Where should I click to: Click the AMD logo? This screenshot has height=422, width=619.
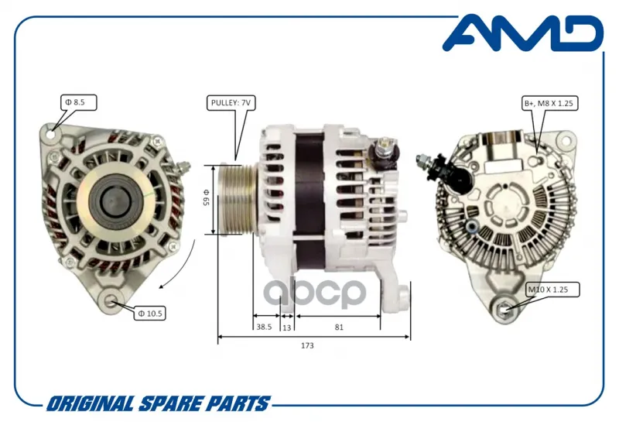point(523,33)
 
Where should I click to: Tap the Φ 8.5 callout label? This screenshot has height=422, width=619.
point(78,102)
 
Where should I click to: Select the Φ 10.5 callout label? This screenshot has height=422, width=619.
point(149,314)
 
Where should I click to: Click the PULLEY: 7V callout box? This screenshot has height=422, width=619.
point(231,103)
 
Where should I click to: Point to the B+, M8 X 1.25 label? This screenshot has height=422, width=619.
point(549,103)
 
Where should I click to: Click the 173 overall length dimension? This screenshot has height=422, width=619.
point(307,345)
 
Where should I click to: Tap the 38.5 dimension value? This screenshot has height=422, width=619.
point(264,327)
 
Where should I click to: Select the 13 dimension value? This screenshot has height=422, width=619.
point(287,328)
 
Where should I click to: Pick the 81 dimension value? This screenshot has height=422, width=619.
point(339,327)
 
